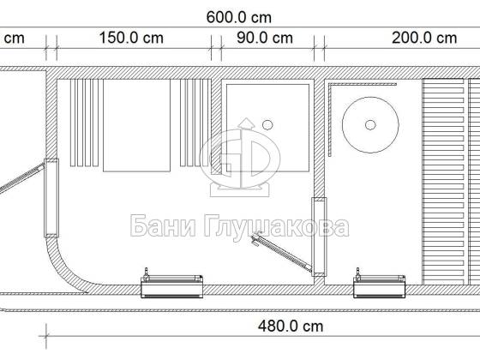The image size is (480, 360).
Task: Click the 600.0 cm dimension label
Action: (x=239, y=17)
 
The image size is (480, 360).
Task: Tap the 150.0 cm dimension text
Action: (x=131, y=39)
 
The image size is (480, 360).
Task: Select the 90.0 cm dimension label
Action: (x=265, y=39)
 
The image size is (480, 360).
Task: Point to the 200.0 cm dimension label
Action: (x=424, y=39)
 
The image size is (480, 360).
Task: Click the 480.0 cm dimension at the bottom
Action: (x=291, y=327)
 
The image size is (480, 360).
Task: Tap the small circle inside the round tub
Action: (x=370, y=125)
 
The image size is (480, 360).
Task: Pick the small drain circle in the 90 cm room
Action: (x=267, y=125)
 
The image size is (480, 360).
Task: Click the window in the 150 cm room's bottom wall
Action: (x=171, y=286)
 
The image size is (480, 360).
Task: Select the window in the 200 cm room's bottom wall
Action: (x=380, y=286)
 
